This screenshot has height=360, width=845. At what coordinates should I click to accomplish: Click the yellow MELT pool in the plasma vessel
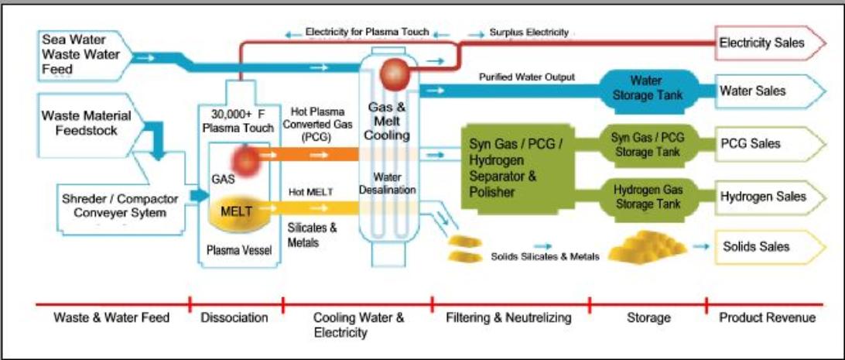pyautogui.click(x=236, y=216)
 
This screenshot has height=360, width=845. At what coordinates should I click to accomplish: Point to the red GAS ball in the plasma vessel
pyautogui.click(x=246, y=161)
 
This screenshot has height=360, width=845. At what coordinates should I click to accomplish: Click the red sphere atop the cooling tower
pyautogui.click(x=395, y=74)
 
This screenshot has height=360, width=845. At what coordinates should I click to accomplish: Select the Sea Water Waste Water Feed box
pyautogui.click(x=77, y=54)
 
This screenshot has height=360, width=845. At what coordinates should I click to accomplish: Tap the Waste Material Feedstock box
pyautogui.click(x=87, y=124)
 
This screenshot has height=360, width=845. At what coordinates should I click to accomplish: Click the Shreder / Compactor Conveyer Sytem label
pyautogui.click(x=117, y=204)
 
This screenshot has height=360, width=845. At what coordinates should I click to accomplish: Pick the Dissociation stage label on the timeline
pyautogui.click(x=234, y=317)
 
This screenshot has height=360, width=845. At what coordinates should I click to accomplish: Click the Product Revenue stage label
pyautogui.click(x=767, y=317)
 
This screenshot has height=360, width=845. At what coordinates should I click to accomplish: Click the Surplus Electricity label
pyautogui.click(x=529, y=33)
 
